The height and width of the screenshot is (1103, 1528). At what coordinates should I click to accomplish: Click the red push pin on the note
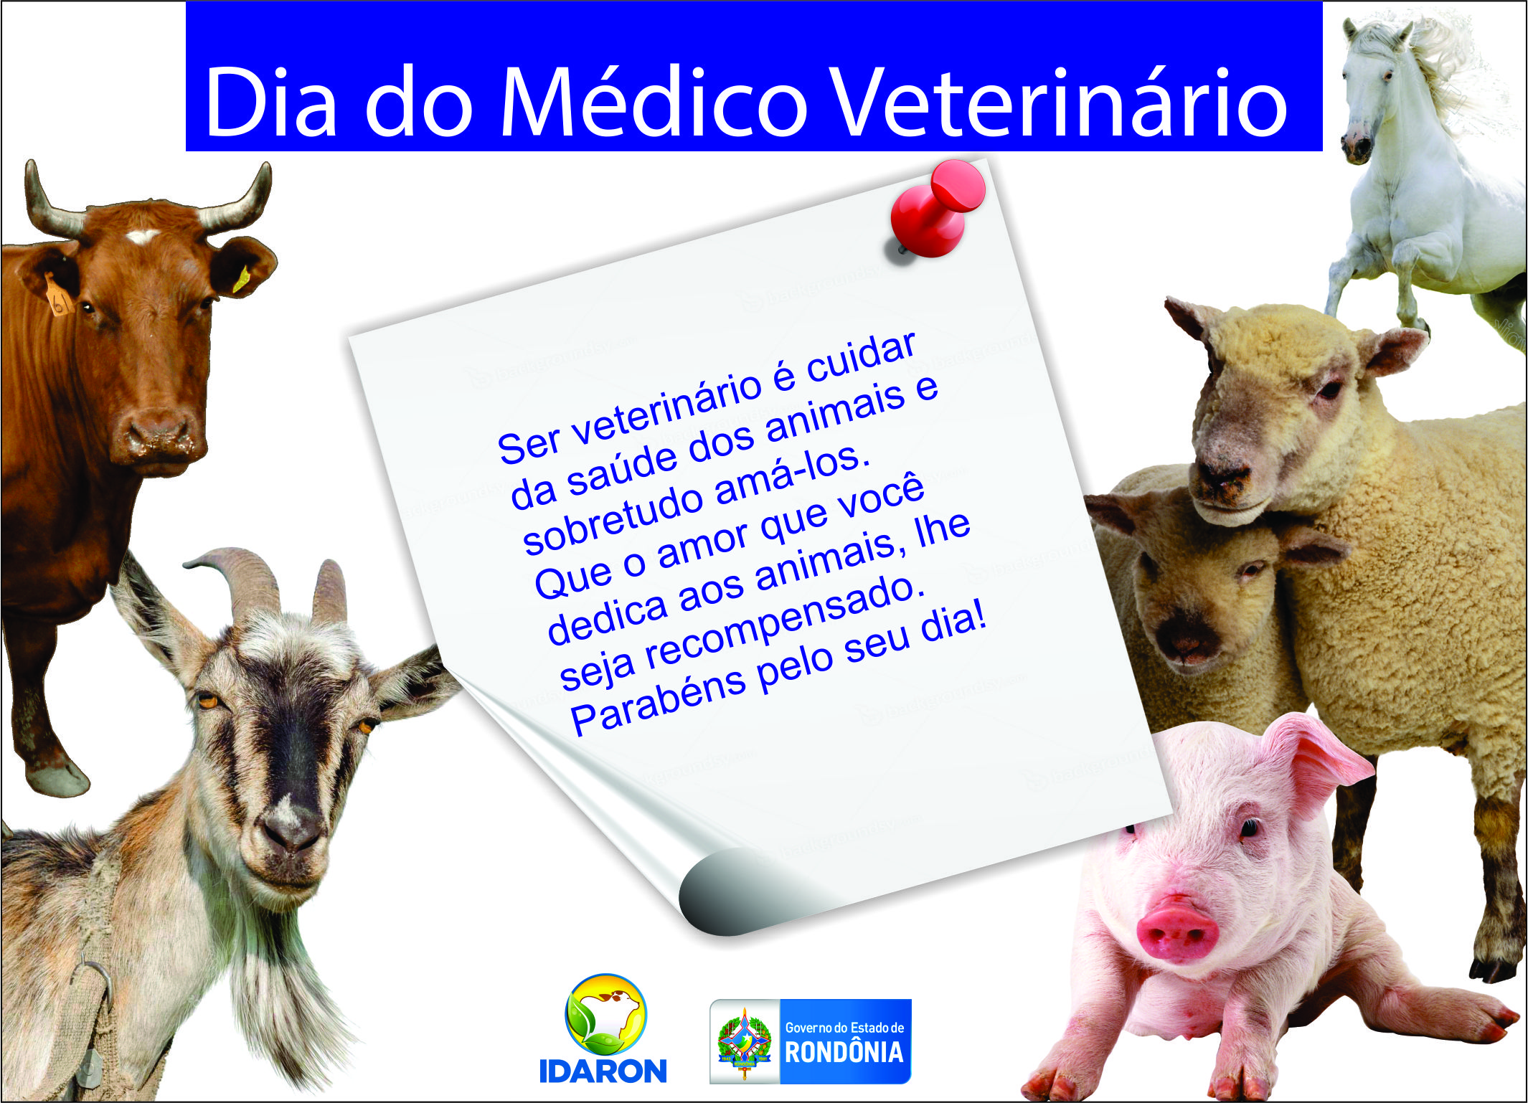[936, 208]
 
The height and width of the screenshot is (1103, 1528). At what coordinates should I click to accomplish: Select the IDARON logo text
[603, 1071]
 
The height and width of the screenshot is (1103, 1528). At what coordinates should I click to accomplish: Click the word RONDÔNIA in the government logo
[844, 1052]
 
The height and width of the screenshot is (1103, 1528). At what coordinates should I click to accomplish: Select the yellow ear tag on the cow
[242, 279]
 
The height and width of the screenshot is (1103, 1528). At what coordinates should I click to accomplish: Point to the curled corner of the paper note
[725, 896]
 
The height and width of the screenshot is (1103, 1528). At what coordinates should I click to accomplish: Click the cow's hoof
[57, 779]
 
